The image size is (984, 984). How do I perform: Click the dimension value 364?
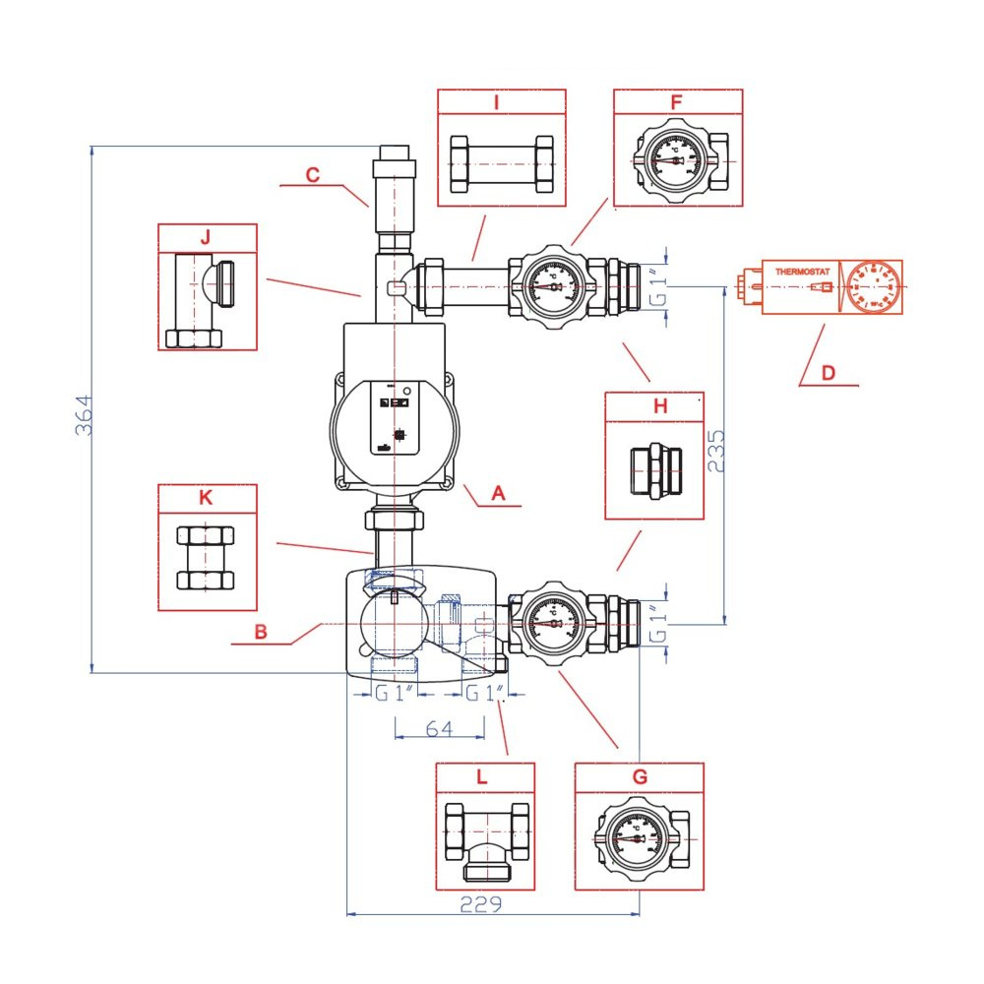[83, 416]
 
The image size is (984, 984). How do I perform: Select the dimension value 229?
[481, 904]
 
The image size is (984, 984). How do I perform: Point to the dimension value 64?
[439, 728]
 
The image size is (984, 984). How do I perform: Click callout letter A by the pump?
[498, 494]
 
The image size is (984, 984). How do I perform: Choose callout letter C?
[313, 175]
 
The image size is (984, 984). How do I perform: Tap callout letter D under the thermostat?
[829, 373]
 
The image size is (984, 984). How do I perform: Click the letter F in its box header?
[676, 102]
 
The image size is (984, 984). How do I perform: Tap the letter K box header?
[206, 497]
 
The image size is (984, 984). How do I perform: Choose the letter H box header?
[660, 405]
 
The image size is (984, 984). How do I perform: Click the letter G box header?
[641, 776]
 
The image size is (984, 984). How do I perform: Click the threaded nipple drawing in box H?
[654, 470]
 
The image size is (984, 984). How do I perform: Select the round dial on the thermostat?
[873, 285]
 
